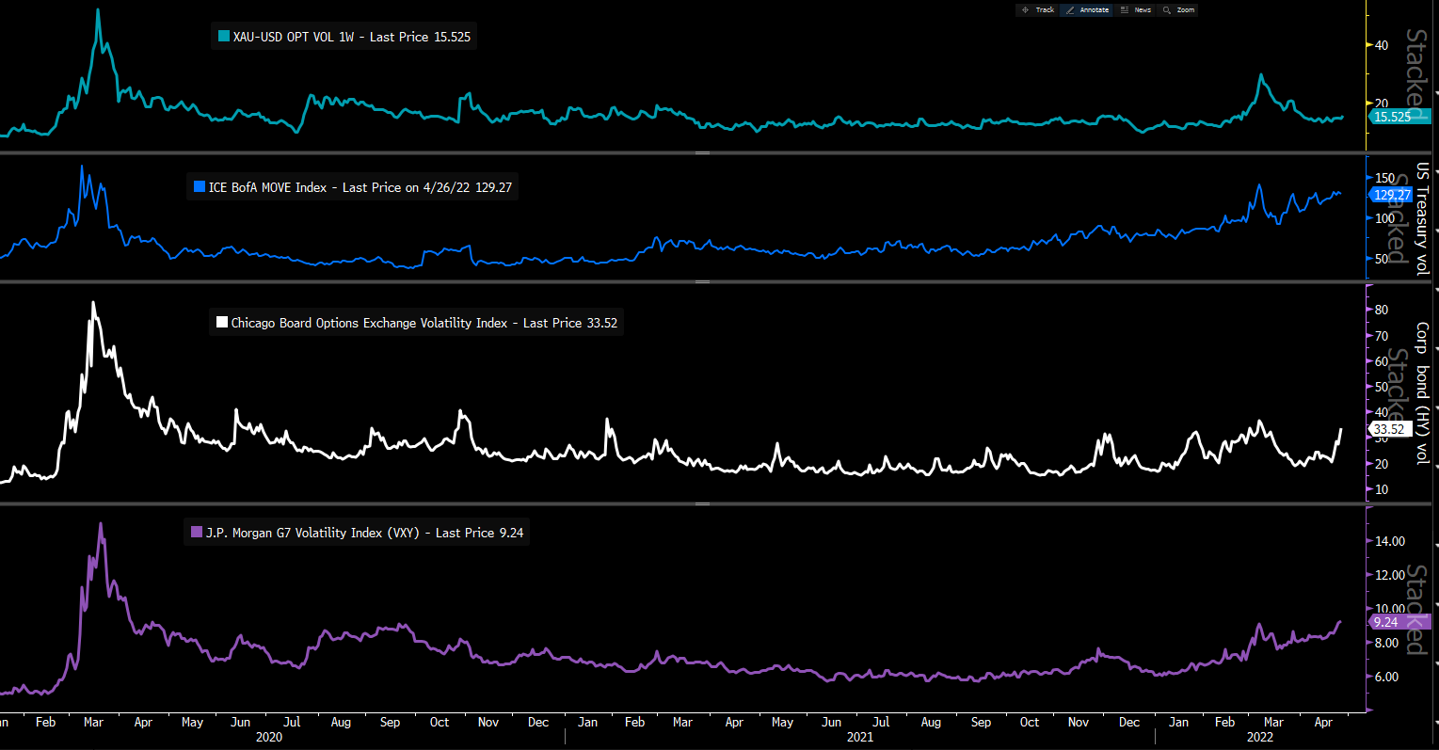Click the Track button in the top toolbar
point(1039,10)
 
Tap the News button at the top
point(1137,10)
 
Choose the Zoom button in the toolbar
point(1179,10)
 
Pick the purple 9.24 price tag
point(1386,622)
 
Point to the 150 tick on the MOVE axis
point(1384,178)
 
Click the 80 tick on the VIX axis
point(1382,310)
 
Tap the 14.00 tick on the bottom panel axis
point(1390,541)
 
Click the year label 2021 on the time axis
point(859,738)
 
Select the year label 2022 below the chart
point(1259,738)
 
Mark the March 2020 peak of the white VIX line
point(92,303)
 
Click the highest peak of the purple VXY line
point(101,524)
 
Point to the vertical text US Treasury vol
point(1422,218)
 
